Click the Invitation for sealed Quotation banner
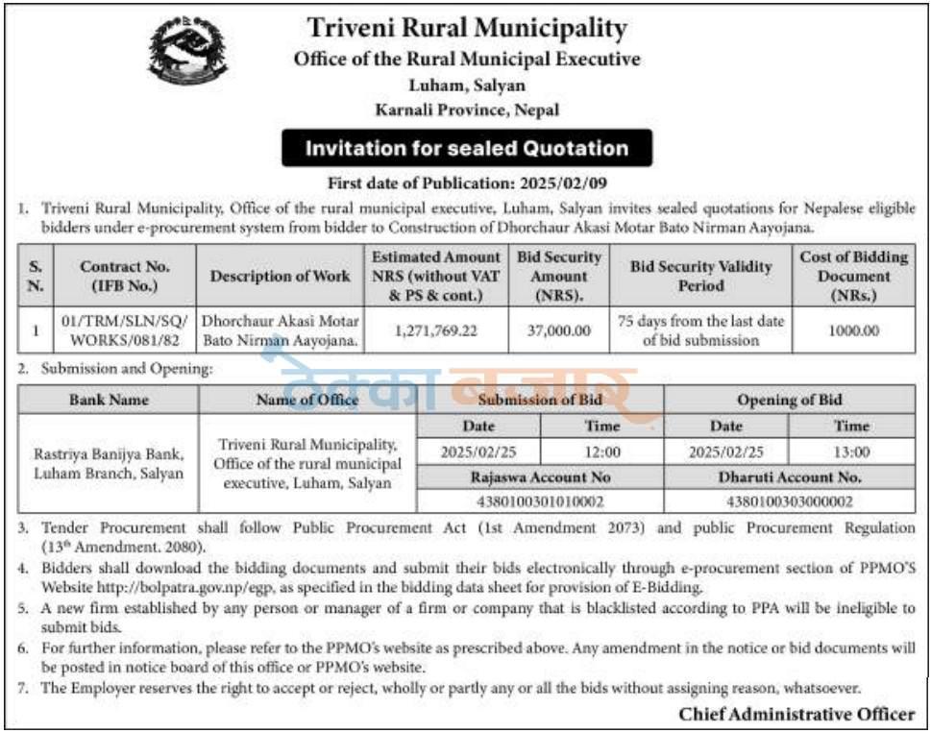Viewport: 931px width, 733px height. click(x=466, y=149)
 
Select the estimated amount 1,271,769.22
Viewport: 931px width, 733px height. click(x=436, y=330)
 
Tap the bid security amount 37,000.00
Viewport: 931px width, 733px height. click(x=559, y=330)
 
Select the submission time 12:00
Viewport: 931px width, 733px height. click(x=601, y=452)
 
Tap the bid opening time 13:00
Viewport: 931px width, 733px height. click(x=851, y=452)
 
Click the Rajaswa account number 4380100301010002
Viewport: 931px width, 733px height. click(x=540, y=501)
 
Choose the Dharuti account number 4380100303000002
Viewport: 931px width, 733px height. click(x=788, y=501)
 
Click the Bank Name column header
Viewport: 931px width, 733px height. click(x=108, y=400)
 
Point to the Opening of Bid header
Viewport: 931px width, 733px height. click(x=788, y=400)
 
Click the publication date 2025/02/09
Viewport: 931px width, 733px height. click(x=567, y=182)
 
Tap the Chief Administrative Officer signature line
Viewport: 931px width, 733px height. click(x=796, y=713)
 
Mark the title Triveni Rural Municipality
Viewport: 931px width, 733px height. click(x=467, y=29)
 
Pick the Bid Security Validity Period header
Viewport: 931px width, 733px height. click(x=700, y=276)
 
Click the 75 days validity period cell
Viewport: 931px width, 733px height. click(x=700, y=330)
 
